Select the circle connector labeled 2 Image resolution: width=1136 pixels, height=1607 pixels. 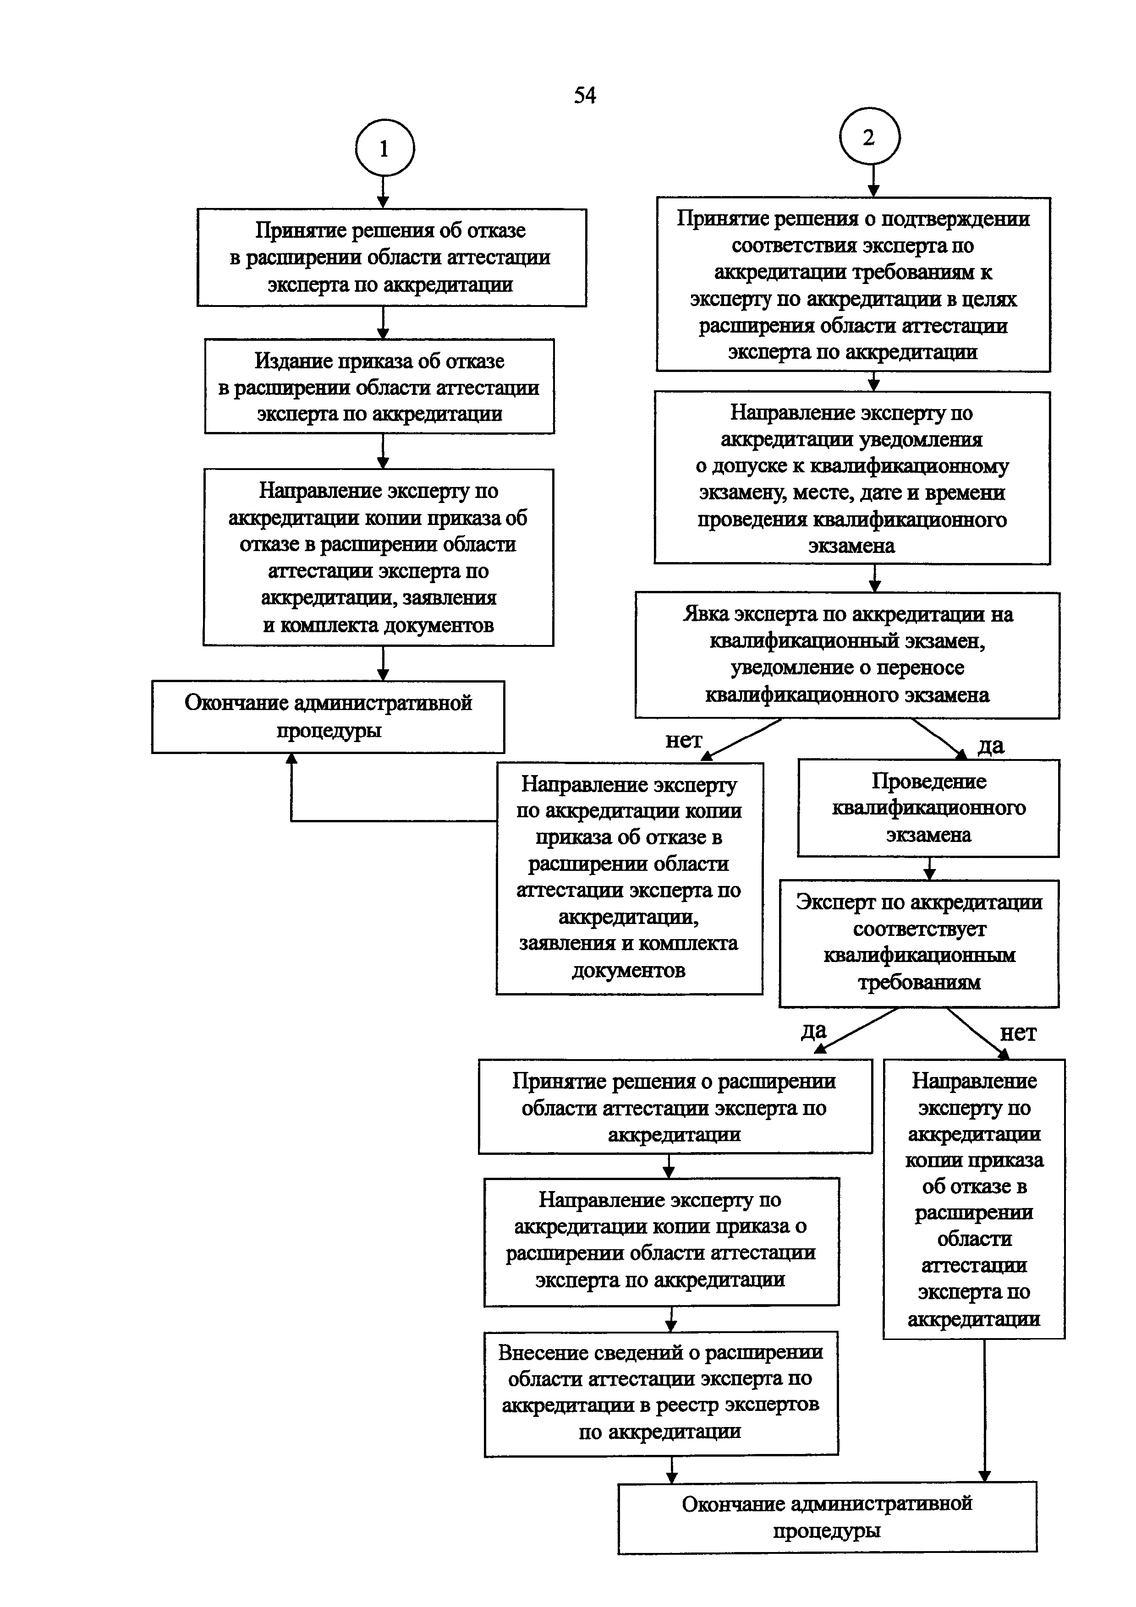[x=869, y=137]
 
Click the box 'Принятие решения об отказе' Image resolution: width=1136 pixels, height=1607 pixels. [x=391, y=257]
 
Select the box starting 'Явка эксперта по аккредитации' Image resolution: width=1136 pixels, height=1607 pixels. [x=847, y=655]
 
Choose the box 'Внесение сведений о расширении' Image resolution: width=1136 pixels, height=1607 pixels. [x=661, y=1391]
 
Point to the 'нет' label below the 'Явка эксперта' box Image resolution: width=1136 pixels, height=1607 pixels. [x=683, y=740]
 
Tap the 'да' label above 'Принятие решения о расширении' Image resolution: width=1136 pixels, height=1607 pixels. [x=814, y=1030]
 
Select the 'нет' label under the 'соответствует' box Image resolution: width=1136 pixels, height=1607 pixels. [x=1018, y=1033]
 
